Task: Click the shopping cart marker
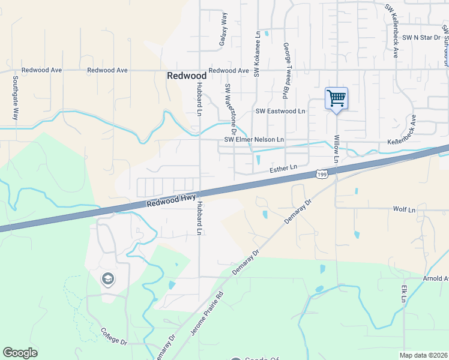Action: (x=336, y=98)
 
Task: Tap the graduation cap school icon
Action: (x=107, y=279)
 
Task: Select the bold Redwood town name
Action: (x=186, y=76)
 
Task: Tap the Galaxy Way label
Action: (x=223, y=30)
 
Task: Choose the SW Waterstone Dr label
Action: (x=231, y=109)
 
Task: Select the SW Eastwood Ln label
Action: (x=281, y=111)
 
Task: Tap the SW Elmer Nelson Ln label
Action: (x=254, y=140)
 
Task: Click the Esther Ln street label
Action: (x=283, y=169)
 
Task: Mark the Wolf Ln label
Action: (x=404, y=210)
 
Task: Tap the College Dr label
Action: (x=113, y=336)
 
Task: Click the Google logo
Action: (x=20, y=353)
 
